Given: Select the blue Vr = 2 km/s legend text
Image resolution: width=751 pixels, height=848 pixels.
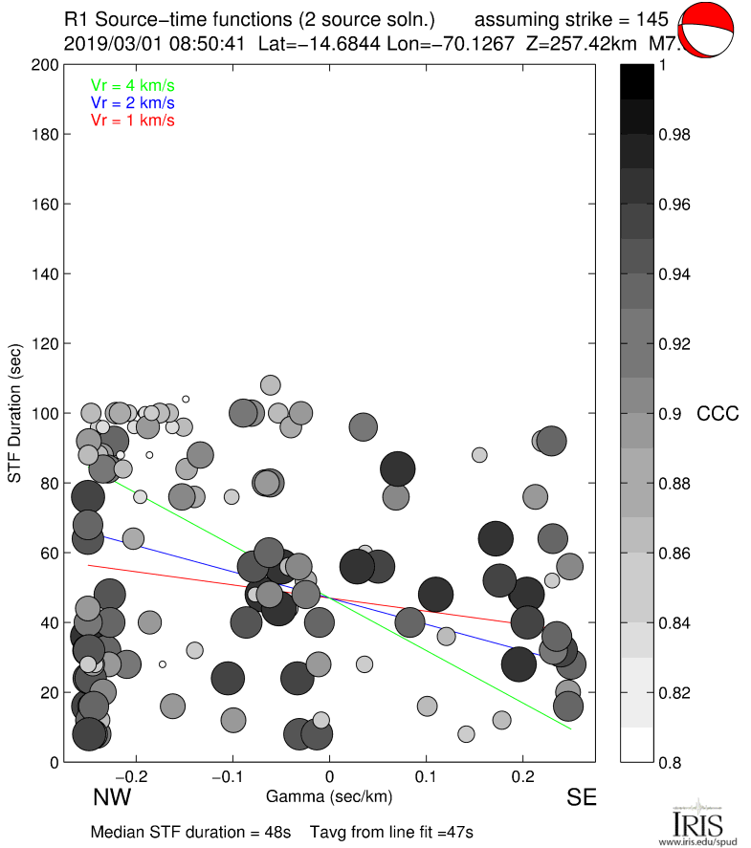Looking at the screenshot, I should click(x=132, y=102).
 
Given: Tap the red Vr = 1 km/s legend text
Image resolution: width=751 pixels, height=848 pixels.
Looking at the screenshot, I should click(x=132, y=120).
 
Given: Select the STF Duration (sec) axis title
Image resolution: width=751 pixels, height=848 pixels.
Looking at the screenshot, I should click(x=15, y=414).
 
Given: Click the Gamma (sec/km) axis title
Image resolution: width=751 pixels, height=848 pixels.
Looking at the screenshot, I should click(x=329, y=796).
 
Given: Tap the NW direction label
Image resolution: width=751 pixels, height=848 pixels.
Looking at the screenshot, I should click(x=112, y=796).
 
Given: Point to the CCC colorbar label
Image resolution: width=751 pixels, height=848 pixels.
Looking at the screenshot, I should click(x=718, y=414).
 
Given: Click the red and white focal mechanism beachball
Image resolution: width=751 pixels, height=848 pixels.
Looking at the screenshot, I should click(x=708, y=32).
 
